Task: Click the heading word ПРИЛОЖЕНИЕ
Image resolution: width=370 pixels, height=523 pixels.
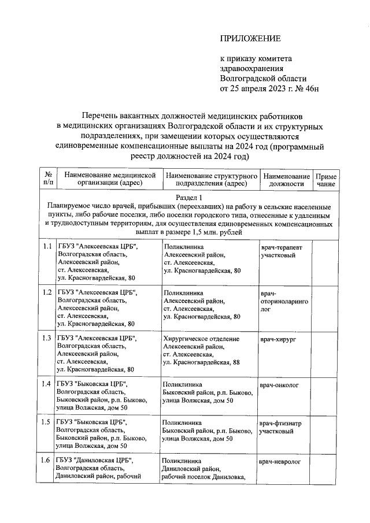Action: coord(250,38)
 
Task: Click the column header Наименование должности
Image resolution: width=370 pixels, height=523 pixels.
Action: coord(286,179)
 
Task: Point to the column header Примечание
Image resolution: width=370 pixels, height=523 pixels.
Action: coord(326,179)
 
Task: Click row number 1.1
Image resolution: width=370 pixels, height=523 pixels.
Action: coord(47,247)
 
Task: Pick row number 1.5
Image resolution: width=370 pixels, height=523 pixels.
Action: coord(47,422)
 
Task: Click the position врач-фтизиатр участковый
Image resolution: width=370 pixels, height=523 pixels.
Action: coord(280,426)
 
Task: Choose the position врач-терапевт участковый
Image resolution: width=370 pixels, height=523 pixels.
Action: coord(280,251)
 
